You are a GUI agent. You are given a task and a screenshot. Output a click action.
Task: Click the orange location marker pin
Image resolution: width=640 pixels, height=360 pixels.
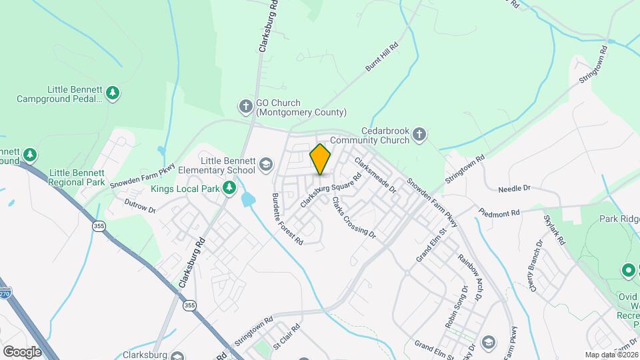(321, 159)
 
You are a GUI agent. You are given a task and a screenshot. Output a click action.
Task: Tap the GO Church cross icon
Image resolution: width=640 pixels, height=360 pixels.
(246, 105)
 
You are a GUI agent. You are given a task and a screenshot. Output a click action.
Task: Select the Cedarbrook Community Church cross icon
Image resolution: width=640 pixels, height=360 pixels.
(419, 135)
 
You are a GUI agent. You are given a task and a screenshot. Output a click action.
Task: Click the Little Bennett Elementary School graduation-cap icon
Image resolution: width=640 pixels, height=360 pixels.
(265, 164)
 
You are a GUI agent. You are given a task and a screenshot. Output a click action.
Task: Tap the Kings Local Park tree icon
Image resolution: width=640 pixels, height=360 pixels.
(230, 188)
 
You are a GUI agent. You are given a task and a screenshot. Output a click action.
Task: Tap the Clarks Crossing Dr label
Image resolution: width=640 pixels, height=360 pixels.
(354, 217)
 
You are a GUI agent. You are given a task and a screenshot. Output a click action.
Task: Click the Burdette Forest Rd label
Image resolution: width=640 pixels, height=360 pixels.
(287, 219)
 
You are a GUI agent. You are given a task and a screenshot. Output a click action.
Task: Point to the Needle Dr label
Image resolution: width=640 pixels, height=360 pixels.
(513, 189)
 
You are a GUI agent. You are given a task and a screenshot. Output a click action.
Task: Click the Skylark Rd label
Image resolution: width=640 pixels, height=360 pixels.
(554, 230)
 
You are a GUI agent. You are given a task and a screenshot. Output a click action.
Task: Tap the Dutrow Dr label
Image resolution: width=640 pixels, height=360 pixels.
(139, 205)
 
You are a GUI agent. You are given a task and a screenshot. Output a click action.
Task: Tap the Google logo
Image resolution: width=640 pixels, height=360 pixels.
(21, 351)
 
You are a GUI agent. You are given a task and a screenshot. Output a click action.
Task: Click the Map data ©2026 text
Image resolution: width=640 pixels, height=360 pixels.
(611, 355)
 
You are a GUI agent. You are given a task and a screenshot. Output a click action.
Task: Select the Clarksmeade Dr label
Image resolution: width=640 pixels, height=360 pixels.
(375, 175)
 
